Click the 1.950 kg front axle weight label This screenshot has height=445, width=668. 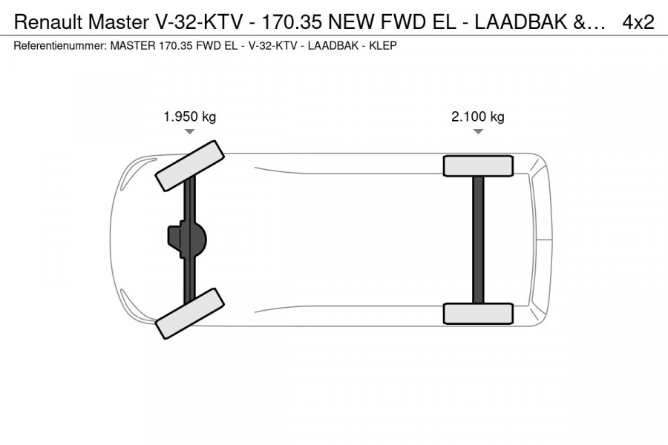[189, 116]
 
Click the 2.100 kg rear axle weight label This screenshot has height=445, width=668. [478, 116]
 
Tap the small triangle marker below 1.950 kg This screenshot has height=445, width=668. [189, 131]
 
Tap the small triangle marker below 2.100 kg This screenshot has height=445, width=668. [478, 131]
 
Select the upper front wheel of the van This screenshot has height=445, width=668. [189, 165]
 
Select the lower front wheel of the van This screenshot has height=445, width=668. [189, 314]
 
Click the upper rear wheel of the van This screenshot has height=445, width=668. [478, 165]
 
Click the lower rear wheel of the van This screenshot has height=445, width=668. [478, 314]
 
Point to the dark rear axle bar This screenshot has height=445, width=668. [479, 240]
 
